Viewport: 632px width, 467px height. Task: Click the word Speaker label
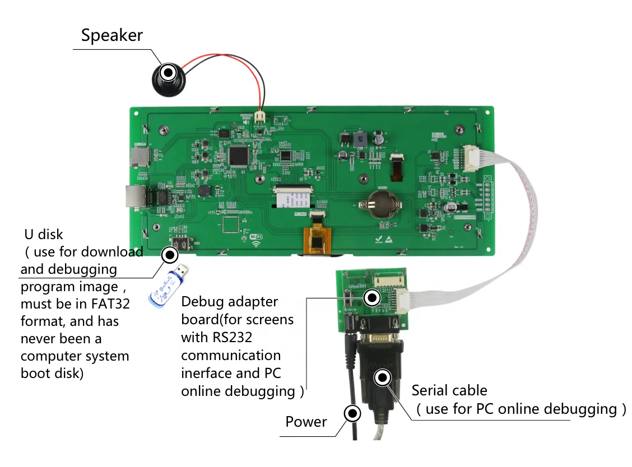111,35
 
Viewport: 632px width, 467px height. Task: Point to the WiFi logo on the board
256,239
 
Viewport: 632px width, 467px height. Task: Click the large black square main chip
239,156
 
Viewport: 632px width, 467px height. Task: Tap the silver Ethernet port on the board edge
135,196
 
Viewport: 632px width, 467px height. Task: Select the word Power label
306,422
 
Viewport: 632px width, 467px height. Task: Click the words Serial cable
449,391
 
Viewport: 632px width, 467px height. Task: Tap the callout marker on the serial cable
383,378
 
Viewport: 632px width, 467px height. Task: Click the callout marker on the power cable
352,414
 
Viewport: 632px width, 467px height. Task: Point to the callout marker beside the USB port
169,255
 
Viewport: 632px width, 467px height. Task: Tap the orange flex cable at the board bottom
317,241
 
